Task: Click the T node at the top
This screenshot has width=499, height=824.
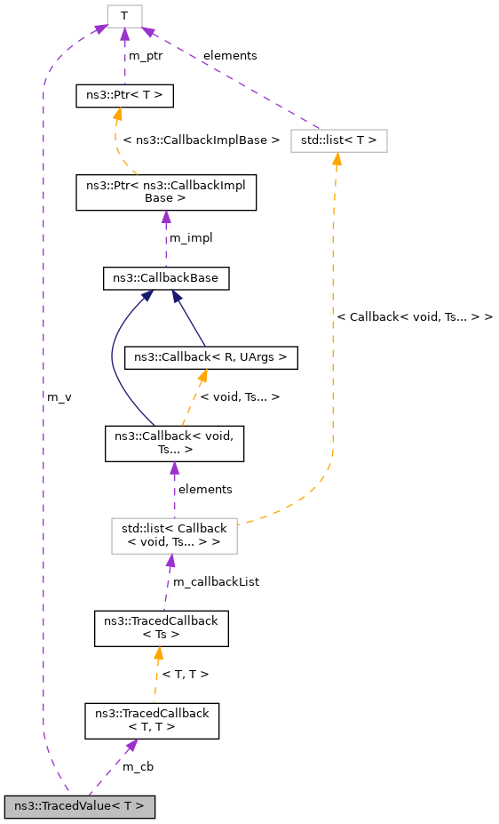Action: point(124,15)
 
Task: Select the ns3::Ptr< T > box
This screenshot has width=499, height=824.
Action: point(124,94)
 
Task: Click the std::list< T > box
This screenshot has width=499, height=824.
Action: point(338,140)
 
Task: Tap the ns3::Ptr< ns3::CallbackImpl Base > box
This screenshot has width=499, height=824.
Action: point(166,192)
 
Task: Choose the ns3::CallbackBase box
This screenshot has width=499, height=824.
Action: point(166,278)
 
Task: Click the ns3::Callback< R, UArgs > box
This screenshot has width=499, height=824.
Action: point(210,356)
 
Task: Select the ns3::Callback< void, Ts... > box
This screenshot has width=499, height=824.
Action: point(174,443)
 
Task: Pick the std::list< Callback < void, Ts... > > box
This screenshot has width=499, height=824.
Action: point(174,536)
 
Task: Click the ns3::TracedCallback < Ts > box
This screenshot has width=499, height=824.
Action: point(162,628)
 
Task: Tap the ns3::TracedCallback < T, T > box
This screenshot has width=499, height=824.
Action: point(152,720)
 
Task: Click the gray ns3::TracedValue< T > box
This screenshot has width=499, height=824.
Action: point(79,806)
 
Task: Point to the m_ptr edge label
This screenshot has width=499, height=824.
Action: point(147,55)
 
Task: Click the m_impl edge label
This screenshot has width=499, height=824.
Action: point(191,237)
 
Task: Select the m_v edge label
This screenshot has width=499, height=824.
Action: point(59,396)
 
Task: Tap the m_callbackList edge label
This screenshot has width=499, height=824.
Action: point(215,581)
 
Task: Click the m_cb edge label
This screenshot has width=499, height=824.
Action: point(138,765)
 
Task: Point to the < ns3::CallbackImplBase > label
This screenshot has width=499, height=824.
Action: point(202,140)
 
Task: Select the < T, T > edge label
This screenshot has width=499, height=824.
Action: point(186,674)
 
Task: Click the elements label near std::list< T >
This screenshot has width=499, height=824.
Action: point(230,55)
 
